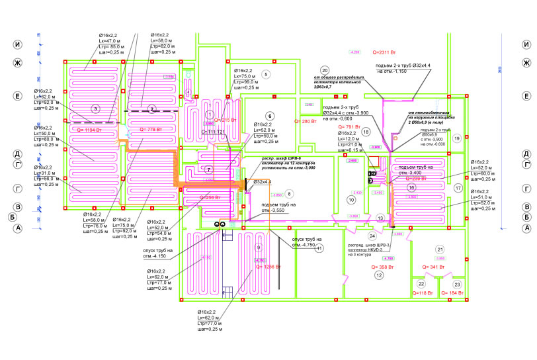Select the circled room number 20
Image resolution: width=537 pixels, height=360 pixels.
324,70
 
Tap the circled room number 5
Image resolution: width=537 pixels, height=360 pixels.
266,74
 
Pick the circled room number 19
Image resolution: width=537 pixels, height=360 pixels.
457,138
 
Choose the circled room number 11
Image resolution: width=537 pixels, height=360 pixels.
319,249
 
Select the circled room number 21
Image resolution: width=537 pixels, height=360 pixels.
440,249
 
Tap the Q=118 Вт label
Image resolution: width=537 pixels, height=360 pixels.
422,292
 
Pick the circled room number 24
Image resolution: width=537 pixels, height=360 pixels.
372,236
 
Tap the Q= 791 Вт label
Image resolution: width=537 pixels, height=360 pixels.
349,126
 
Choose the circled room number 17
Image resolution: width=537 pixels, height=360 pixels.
458,188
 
